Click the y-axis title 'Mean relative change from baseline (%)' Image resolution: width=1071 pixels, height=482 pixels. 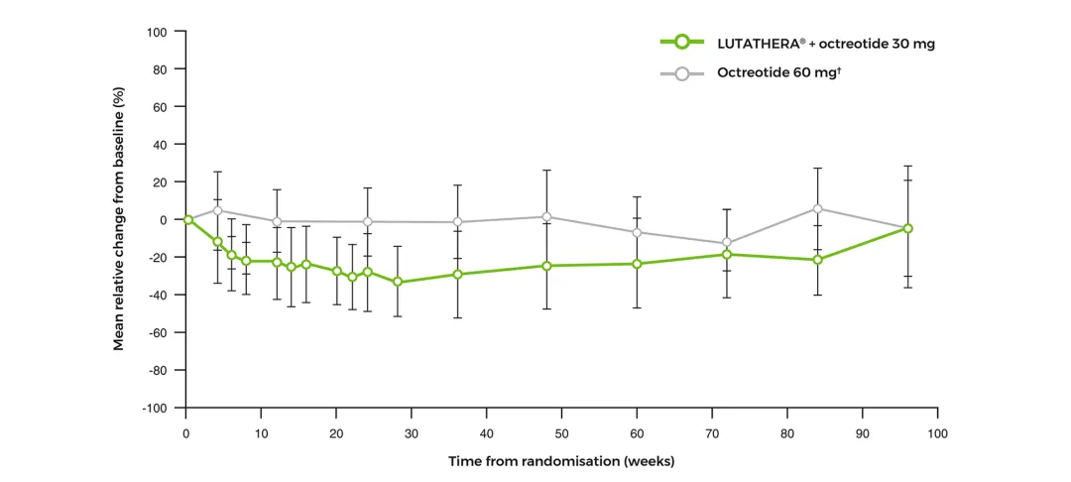pos(119,219)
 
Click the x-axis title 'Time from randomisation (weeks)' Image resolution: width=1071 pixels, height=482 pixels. pos(561,461)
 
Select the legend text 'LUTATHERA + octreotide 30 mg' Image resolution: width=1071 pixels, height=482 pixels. pos(825,44)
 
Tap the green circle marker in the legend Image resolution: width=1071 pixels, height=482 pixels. pos(681,43)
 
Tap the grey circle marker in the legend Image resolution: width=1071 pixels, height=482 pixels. pos(681,72)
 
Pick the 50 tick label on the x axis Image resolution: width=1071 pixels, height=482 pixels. pos(561,434)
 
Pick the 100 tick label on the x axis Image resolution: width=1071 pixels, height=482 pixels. pos(937,434)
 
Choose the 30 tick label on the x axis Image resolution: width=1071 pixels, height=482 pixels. pos(412,434)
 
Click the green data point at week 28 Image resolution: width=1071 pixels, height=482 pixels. pos(398,282)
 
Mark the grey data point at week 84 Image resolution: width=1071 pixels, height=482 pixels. pos(818,208)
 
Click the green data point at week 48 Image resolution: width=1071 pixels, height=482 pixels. pos(546,266)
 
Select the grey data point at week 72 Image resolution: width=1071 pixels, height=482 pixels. pos(727,243)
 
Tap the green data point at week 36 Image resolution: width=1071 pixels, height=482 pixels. pos(457,274)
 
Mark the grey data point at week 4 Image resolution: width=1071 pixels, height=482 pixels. pos(217,210)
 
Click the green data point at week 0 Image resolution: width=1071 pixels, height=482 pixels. pos(187,219)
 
